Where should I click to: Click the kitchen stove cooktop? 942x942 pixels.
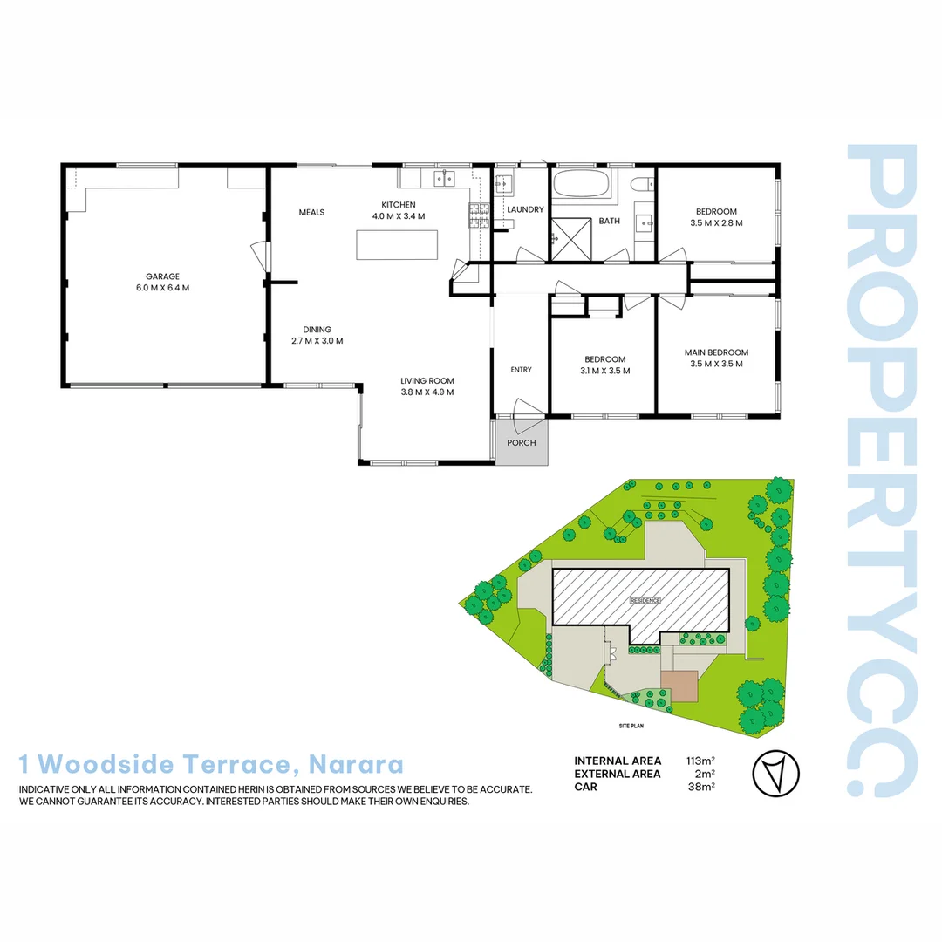point(479,215)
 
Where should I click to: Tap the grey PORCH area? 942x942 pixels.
point(521,444)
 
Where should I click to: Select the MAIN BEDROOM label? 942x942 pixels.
point(716,352)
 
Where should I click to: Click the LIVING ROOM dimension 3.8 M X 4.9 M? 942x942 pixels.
point(427,392)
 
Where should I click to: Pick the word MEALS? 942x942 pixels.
point(311,212)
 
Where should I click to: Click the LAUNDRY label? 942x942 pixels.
point(525,209)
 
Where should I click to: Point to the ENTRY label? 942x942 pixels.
point(521,370)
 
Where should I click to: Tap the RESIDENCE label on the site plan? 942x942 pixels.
point(645,600)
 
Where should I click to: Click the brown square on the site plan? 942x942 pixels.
point(679,685)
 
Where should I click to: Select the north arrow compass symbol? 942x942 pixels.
point(774,773)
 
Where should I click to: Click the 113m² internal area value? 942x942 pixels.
point(701,761)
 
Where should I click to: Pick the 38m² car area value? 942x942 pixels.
point(701,787)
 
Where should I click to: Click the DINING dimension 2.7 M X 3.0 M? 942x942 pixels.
point(317,341)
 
